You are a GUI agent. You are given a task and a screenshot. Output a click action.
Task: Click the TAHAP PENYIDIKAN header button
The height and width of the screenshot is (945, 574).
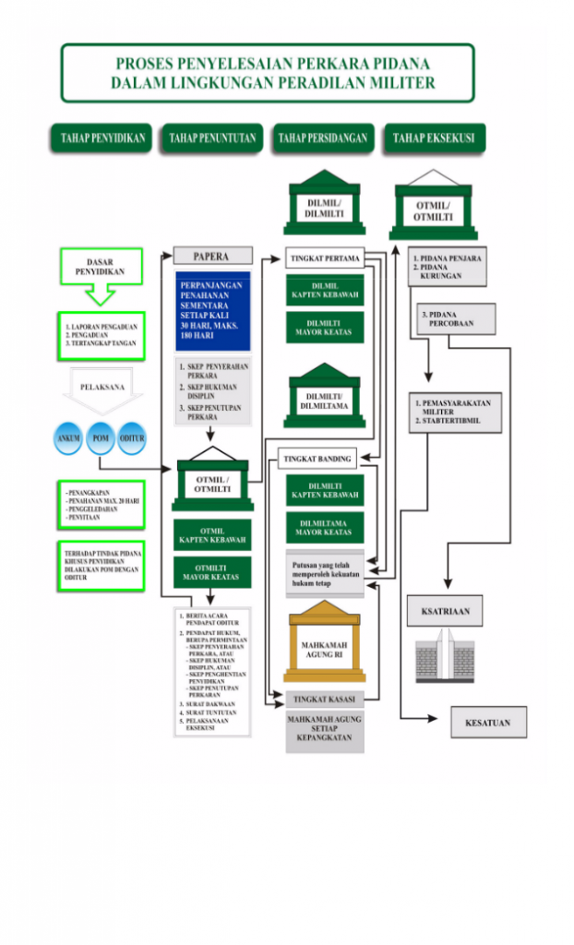click(102, 139)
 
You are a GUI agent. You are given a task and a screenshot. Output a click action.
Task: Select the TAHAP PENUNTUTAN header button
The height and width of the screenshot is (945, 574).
click(211, 139)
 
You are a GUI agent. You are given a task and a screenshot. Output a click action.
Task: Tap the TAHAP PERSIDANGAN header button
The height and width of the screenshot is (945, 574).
click(322, 139)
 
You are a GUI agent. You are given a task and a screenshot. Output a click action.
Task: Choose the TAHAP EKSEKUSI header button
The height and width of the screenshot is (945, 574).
click(433, 139)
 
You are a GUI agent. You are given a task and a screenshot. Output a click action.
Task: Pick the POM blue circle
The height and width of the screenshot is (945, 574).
click(101, 439)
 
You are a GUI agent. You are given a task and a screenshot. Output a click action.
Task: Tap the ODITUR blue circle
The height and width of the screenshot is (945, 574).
click(132, 439)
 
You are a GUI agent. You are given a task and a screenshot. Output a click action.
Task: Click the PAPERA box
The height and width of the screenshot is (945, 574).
click(211, 256)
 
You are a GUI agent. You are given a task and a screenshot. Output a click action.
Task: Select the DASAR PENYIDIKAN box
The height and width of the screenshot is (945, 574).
click(101, 268)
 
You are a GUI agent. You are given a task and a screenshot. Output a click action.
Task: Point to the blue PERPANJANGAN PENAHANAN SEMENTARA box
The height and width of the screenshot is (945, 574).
click(212, 311)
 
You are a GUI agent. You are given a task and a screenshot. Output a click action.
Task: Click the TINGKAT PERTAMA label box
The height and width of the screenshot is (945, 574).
click(323, 257)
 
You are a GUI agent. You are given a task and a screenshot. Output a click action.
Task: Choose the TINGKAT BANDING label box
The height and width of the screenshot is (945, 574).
click(317, 459)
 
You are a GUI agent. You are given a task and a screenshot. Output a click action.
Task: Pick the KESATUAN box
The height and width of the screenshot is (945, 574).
click(488, 723)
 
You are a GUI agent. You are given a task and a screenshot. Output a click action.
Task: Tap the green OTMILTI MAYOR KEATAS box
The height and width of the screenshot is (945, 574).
click(212, 572)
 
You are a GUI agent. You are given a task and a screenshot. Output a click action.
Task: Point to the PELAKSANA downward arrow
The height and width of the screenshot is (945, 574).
click(102, 388)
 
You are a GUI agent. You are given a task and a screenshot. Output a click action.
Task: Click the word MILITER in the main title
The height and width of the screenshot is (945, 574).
click(400, 83)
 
